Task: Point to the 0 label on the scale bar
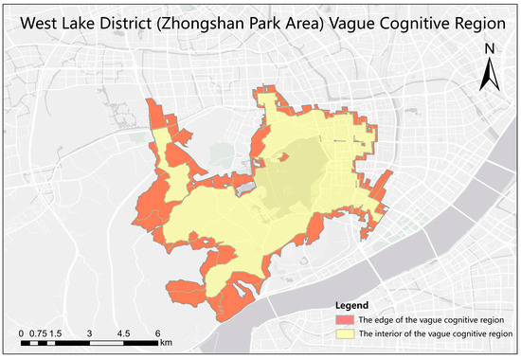(21, 334)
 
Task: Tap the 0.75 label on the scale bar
(36, 334)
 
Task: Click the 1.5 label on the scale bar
(56, 334)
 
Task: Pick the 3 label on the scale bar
(89, 334)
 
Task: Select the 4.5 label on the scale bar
(123, 334)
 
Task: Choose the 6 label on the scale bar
(156, 334)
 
